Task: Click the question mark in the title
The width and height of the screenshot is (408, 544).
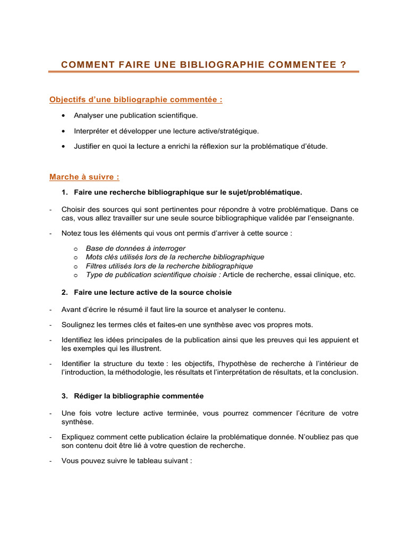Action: click(x=342, y=65)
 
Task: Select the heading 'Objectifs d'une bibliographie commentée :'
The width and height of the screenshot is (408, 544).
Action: click(x=136, y=99)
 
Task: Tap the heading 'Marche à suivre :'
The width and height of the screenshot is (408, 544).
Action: click(x=84, y=177)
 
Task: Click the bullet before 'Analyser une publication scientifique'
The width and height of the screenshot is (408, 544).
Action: click(x=64, y=115)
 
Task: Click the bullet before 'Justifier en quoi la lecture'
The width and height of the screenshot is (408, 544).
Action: click(x=64, y=146)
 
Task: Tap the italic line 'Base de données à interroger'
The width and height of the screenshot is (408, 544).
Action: click(x=135, y=249)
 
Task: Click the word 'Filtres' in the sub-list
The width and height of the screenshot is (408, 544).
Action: click(x=97, y=266)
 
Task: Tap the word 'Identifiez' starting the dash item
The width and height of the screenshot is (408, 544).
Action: click(x=79, y=340)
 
